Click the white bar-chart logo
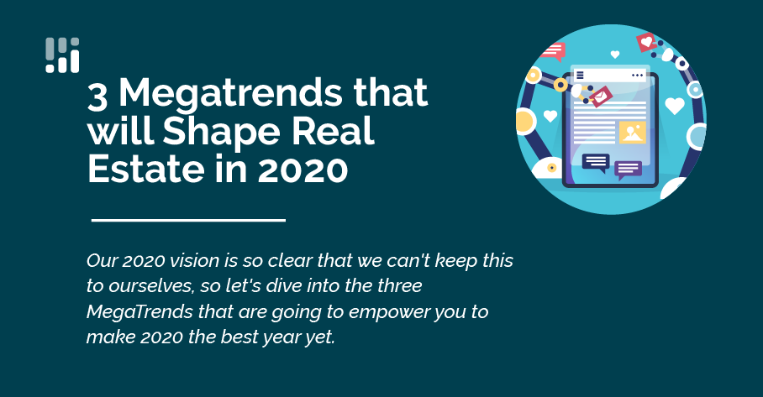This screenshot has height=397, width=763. (62, 55)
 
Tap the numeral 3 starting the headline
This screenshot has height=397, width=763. (98, 93)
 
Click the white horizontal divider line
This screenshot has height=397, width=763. (188, 220)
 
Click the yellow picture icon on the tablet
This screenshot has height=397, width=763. (632, 132)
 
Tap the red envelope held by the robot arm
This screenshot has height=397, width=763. (600, 99)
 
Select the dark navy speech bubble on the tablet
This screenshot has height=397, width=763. (596, 162)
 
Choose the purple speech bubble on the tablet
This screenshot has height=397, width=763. (628, 169)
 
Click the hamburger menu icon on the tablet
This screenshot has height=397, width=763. (580, 76)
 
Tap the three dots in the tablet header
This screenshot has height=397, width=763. (637, 76)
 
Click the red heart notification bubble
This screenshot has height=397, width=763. (646, 40)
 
